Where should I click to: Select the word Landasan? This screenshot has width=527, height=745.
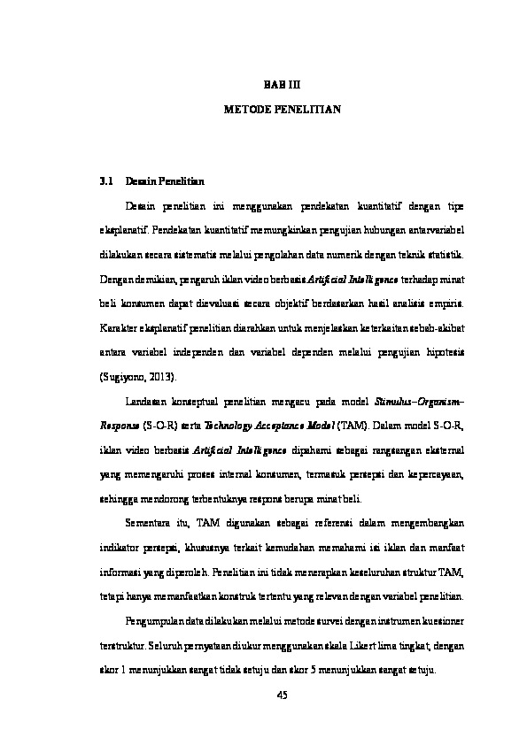(148, 401)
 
